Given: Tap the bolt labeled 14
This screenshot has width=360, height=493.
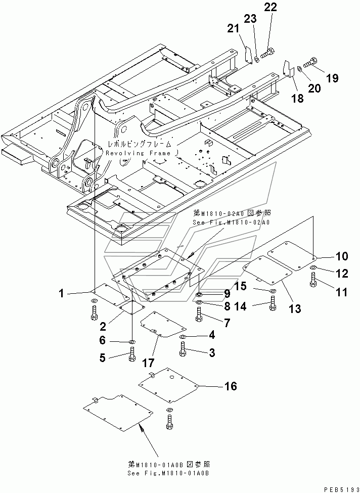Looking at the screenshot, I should pyautogui.click(x=273, y=303).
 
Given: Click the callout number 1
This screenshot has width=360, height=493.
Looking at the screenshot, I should pyautogui.click(x=61, y=292).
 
